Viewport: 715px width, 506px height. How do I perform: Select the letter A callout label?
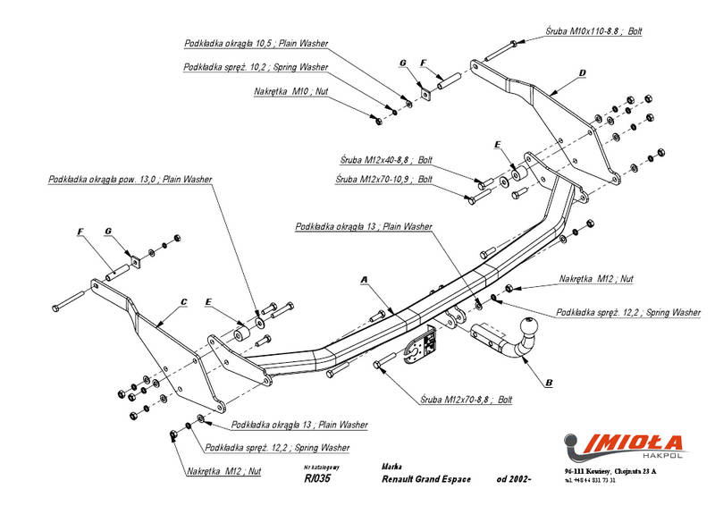pyautogui.click(x=364, y=281)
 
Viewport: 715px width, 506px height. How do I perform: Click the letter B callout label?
pyautogui.click(x=548, y=382)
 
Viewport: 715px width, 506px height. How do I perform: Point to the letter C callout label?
pyautogui.click(x=183, y=302)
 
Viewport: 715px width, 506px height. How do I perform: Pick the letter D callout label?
pyautogui.click(x=581, y=72)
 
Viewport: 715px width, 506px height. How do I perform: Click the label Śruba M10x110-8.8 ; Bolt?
pyautogui.click(x=593, y=31)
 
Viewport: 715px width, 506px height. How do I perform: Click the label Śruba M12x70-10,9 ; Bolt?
pyautogui.click(x=384, y=179)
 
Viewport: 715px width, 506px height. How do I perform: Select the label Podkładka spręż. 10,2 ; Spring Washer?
pyautogui.click(x=256, y=67)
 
